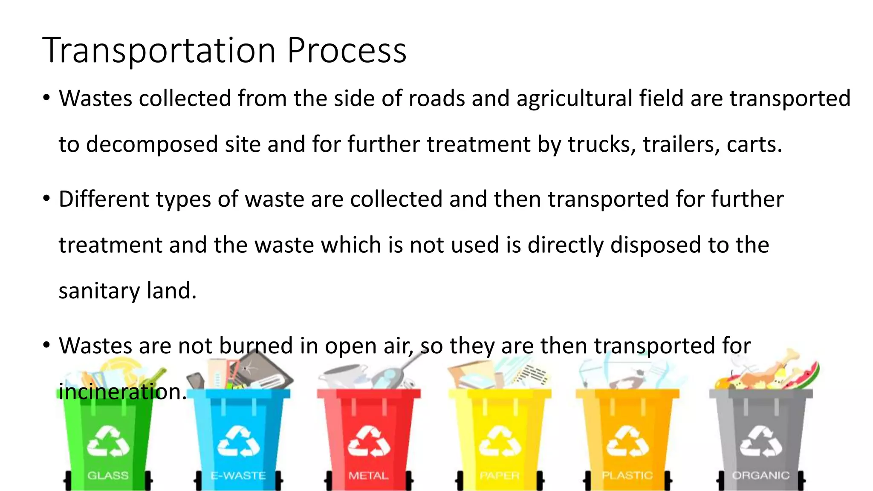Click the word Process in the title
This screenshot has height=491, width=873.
coord(347,51)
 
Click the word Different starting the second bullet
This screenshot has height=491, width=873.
coord(104,199)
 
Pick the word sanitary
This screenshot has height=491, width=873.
coord(99,291)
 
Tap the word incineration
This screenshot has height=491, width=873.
coord(122,391)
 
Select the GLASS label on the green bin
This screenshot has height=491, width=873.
coord(108,475)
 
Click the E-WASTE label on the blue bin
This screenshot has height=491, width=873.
coord(238,475)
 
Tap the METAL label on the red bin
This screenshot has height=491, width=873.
coord(369,475)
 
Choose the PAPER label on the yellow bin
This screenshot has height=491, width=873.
coord(500,475)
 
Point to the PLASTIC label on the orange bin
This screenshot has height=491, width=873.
coord(627,475)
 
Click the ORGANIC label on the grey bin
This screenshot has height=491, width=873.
coord(761,475)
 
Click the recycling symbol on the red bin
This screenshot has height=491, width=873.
coord(369,442)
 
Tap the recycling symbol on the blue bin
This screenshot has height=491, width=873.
coord(238,442)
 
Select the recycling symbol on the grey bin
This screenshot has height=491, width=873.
coord(761,442)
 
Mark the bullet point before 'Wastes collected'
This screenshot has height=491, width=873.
coord(46,98)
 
